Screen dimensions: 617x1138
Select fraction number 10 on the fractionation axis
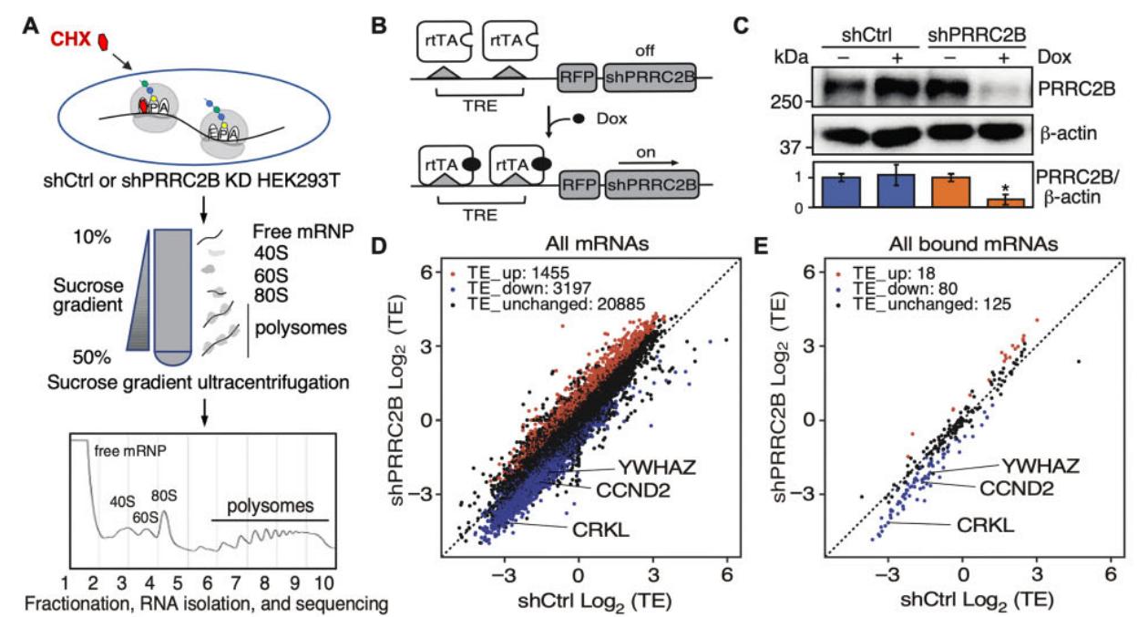pos(326,581)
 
